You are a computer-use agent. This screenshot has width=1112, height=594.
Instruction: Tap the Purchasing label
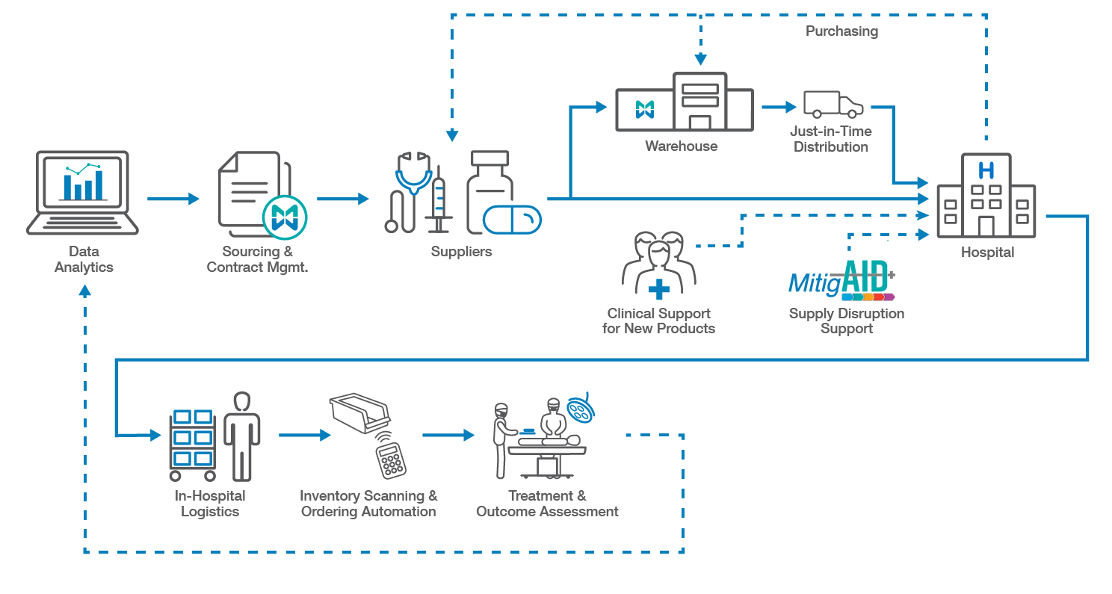click(841, 31)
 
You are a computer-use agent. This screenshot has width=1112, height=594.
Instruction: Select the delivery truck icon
click(833, 105)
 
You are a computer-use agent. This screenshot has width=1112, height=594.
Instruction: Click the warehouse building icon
click(683, 104)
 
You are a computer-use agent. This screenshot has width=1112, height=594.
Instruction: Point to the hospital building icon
click(986, 196)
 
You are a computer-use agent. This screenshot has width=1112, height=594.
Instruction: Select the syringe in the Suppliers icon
click(439, 202)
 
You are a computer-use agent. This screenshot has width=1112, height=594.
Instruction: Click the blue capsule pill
click(512, 220)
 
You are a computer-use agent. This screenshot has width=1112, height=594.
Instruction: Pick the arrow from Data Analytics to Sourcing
click(173, 199)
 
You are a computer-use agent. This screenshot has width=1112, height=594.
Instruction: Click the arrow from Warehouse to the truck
click(779, 107)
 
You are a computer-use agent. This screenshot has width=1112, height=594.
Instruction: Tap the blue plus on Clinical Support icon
click(658, 289)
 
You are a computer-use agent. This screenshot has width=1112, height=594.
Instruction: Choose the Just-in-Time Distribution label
click(831, 139)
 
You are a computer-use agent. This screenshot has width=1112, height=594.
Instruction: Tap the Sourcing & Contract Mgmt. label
click(257, 259)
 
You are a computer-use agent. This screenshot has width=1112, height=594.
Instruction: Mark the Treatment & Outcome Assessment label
click(547, 504)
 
